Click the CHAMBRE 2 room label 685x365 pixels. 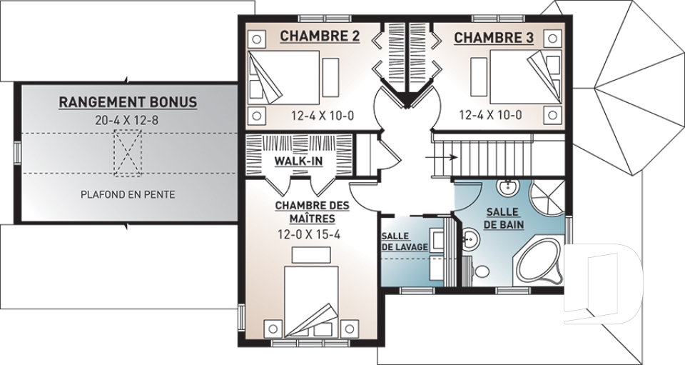320,36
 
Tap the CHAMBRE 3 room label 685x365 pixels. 494,38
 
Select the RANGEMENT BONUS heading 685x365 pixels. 128,102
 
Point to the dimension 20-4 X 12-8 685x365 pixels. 127,120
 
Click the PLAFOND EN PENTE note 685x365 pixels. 128,194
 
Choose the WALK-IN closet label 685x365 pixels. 298,161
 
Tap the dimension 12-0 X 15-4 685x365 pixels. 309,235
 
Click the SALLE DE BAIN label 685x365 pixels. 502,218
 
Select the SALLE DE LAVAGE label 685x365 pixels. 405,241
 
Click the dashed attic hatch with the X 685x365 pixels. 128,154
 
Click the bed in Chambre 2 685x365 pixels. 284,77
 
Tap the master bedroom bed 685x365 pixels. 312,301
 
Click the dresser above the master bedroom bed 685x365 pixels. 312,255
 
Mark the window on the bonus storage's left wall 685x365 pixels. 17,154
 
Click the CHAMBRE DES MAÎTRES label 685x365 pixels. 312,211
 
